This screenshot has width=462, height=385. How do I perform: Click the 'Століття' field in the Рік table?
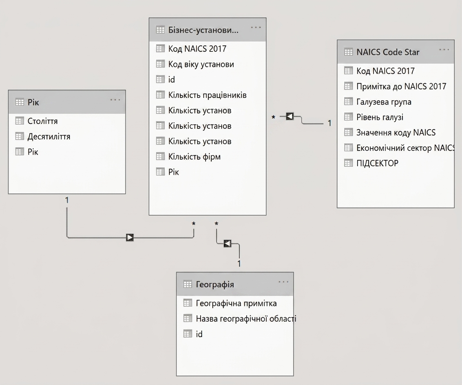tap(42, 121)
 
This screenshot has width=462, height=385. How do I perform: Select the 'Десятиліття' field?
tap(49, 137)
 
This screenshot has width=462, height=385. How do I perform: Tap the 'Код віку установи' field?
tap(201, 64)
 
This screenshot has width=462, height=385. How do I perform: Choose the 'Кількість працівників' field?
tap(207, 95)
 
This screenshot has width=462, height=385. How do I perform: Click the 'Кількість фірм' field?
tap(194, 157)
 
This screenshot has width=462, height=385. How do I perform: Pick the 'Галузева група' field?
tap(384, 102)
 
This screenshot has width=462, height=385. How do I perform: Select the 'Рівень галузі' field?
tap(380, 117)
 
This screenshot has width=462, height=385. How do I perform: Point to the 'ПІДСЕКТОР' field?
tap(377, 163)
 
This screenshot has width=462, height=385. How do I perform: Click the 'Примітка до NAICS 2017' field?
tap(401, 86)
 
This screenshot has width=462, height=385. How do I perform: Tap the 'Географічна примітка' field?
tap(236, 303)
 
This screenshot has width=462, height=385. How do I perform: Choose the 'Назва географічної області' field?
tap(246, 319)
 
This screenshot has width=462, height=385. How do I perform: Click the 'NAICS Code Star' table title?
tap(388, 52)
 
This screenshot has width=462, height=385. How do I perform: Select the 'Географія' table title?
tap(215, 285)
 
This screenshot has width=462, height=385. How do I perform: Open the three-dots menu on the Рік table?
tap(115, 100)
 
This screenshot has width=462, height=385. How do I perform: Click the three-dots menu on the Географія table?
tap(283, 282)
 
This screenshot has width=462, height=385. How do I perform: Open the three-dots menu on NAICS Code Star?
tap(444, 49)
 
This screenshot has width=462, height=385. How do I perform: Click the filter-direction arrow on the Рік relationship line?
tap(130, 237)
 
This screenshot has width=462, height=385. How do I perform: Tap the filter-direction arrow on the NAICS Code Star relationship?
tap(290, 117)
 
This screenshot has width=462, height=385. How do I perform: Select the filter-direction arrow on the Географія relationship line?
tap(228, 243)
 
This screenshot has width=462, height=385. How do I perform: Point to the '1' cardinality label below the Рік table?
tap(67, 200)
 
